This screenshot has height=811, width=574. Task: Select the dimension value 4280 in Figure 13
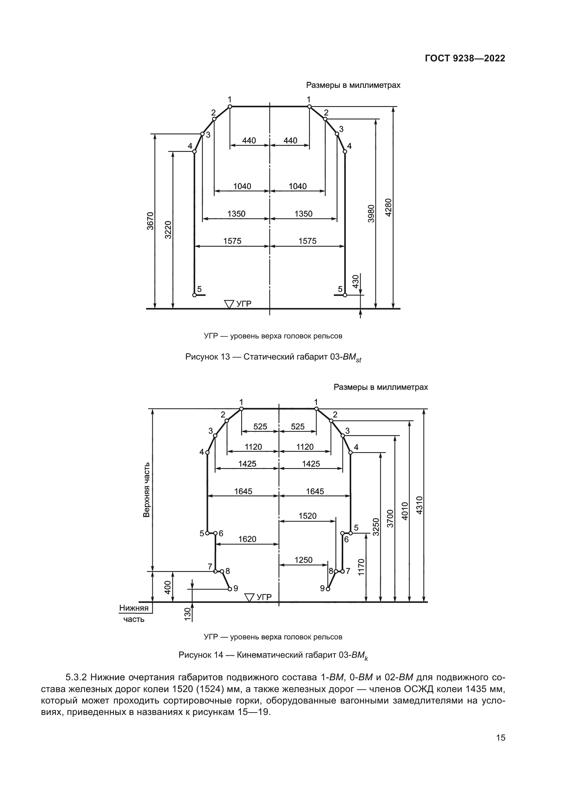coord(388,208)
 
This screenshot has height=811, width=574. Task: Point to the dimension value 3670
coord(151,221)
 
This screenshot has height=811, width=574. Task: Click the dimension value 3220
coord(169,230)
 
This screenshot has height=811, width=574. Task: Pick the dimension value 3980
coord(371,213)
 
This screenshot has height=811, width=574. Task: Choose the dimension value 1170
coord(361,567)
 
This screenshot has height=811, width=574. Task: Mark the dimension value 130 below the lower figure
coord(188,614)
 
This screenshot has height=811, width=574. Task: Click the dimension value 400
coord(168,587)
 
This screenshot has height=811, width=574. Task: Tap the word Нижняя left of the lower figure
coord(134,608)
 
